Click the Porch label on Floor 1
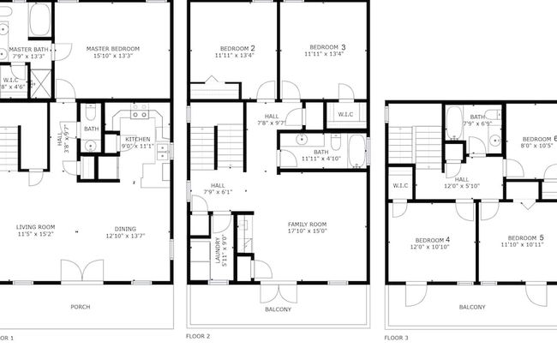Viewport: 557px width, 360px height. [80, 307]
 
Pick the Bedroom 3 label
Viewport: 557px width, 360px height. [327, 46]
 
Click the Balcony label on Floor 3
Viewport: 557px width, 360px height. [471, 307]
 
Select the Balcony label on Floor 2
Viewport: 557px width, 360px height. [278, 309]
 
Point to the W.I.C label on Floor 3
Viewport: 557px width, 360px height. [400, 185]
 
